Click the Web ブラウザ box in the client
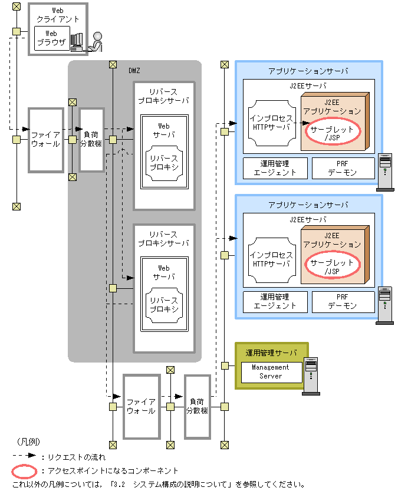coord(52,38)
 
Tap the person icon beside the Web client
coord(96,42)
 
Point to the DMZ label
coord(134,71)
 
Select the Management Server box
coord(271,372)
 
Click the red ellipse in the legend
coord(24,472)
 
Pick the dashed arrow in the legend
coord(24,456)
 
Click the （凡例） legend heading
coord(28,442)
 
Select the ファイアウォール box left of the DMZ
coord(46,140)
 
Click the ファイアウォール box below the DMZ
coord(142,406)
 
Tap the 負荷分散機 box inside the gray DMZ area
coord(91,140)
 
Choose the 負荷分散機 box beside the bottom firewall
coord(198,406)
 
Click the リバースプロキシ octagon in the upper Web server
coord(164,163)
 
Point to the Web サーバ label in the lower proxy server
coord(164,272)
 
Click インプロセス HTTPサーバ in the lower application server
coord(272,259)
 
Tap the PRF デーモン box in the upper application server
coord(343,168)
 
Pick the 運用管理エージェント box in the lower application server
coord(275,301)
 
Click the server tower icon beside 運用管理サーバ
coord(311,376)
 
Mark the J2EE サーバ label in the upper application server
coord(308,85)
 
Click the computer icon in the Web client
coord(77,42)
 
